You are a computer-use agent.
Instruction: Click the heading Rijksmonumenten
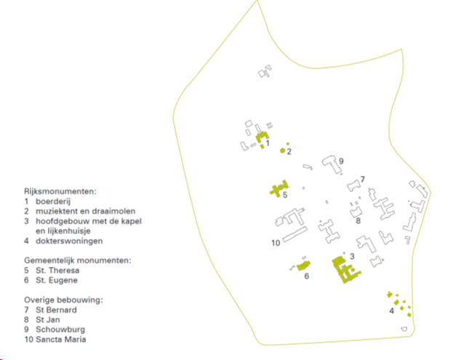click(x=60, y=191)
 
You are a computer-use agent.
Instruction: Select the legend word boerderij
click(x=53, y=201)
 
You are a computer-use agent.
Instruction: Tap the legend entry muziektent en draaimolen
click(x=85, y=211)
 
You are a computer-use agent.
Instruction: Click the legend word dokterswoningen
click(x=69, y=241)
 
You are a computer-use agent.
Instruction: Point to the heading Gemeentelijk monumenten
click(x=77, y=260)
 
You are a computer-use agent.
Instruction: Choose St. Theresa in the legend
click(x=57, y=271)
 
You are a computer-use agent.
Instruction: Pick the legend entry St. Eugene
click(x=57, y=280)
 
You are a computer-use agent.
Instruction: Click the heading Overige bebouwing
click(x=63, y=300)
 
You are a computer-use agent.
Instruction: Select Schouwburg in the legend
click(x=60, y=329)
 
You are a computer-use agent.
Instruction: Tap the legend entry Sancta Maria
click(x=60, y=340)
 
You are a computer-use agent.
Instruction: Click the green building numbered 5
click(x=279, y=188)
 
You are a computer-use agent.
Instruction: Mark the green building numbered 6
click(x=303, y=265)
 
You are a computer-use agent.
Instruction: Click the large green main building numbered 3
click(x=344, y=270)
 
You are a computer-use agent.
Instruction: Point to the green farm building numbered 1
click(x=262, y=137)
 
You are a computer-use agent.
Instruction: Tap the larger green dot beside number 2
click(x=283, y=151)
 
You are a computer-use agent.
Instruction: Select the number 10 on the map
click(x=276, y=243)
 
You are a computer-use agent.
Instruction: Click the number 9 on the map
click(x=341, y=161)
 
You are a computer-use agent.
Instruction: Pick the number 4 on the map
click(x=391, y=311)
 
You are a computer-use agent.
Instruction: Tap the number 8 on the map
click(x=358, y=221)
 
